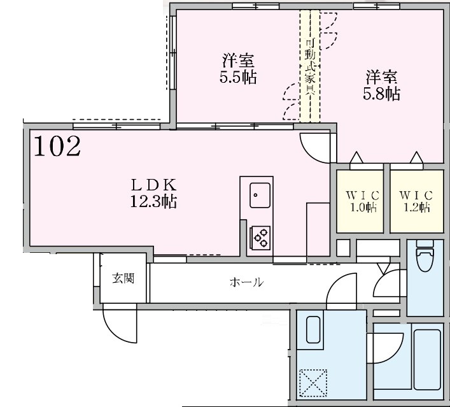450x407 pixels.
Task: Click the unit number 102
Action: [x=57, y=146]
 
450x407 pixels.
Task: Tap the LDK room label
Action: [x=153, y=185]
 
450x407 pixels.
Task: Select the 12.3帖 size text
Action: [x=153, y=203]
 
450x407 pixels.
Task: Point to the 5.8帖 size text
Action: [x=381, y=94]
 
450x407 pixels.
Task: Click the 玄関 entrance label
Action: [x=123, y=278]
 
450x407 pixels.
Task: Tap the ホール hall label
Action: [x=246, y=282]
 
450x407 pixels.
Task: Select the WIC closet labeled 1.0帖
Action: [x=361, y=201]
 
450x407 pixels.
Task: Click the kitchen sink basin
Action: [x=260, y=194]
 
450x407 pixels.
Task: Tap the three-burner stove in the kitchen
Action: [x=260, y=238]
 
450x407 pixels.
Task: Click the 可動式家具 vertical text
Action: [x=310, y=67]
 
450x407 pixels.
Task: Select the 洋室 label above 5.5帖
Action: [x=239, y=62]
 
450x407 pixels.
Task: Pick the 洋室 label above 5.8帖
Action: [x=381, y=77]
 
